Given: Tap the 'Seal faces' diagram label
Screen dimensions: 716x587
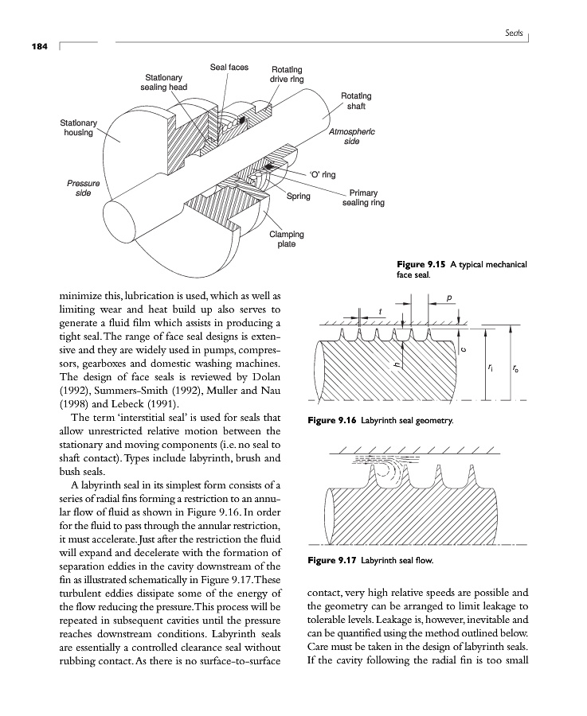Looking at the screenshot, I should point(229,67).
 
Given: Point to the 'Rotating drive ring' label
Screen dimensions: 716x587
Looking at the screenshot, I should point(287,75).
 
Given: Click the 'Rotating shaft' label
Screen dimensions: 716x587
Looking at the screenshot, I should point(356,101).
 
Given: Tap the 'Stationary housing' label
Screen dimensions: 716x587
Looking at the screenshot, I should point(78,127).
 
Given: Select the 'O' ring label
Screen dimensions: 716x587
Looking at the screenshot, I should point(322,174).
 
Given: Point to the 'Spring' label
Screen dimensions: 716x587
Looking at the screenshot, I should point(300,196).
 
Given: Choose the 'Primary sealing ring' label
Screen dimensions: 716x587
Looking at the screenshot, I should point(363,197).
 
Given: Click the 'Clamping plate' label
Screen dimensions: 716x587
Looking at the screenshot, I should point(287,239).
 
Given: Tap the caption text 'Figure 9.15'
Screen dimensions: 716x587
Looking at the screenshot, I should point(425,264).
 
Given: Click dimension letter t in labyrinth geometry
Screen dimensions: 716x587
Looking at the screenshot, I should point(380,309).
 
